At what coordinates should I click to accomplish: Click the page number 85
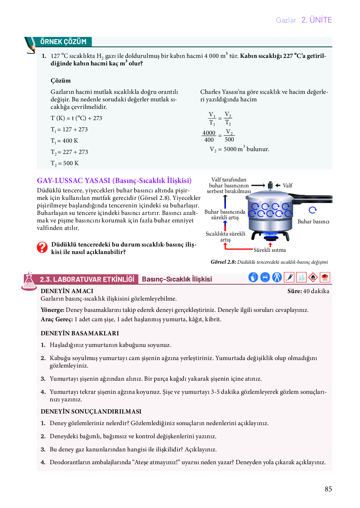tap(328, 489)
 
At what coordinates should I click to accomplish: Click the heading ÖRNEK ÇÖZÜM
tap(63, 42)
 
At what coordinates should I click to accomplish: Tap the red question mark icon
tap(42, 247)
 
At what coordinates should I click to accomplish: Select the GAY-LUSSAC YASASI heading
tap(114, 180)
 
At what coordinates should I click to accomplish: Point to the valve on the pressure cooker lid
tap(270, 185)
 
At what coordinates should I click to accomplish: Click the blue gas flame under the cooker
tap(270, 235)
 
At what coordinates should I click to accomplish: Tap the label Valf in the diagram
tap(287, 185)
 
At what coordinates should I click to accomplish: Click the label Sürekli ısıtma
tap(270, 250)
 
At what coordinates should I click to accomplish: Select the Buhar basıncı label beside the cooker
tap(313, 221)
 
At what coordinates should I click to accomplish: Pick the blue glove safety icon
tap(253, 277)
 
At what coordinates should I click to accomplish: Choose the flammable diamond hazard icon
tap(313, 277)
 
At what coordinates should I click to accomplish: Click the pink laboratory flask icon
tap(29, 281)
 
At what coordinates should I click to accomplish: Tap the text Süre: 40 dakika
tap(308, 291)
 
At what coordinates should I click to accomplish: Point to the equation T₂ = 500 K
tap(65, 163)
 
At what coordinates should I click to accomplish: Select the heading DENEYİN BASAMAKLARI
tap(80, 333)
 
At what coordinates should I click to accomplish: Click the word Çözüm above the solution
tap(61, 81)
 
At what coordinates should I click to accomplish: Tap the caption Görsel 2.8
tap(223, 262)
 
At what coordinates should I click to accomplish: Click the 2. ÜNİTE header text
tap(317, 20)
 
